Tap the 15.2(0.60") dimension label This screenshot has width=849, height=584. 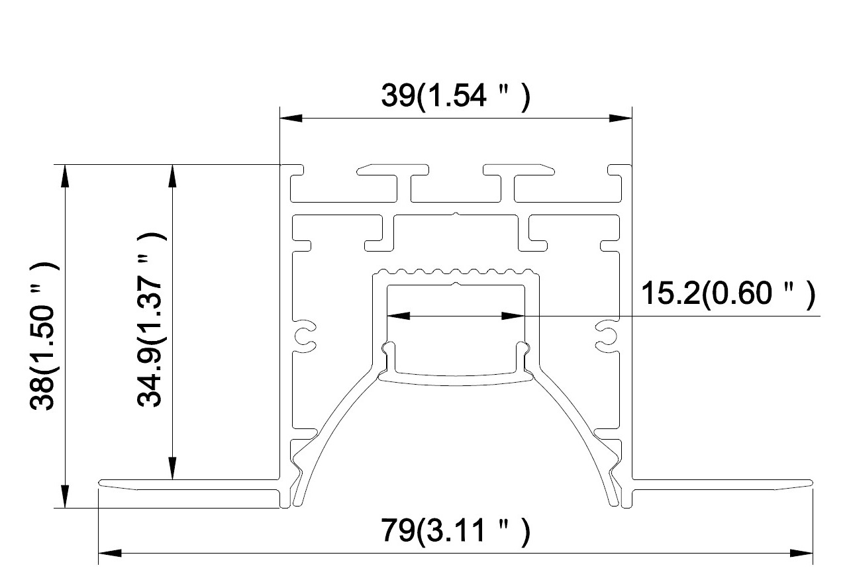pos(728,293)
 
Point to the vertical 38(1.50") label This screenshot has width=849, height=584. pos(43,336)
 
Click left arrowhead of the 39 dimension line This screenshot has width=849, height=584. pos(291,118)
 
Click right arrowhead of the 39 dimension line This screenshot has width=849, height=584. pos(621,118)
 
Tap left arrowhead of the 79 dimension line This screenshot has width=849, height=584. pos(110,553)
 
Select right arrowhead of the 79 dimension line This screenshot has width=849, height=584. pos(801,553)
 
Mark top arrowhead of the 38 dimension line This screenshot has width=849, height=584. pos(65,176)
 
